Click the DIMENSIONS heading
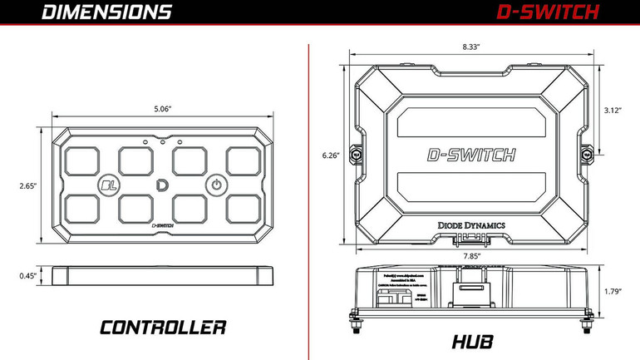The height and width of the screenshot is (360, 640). (106, 12)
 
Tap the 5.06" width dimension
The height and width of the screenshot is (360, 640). (162, 108)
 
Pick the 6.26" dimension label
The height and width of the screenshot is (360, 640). (330, 155)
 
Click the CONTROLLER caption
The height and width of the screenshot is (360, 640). (163, 327)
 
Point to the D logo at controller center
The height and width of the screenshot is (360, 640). (161, 184)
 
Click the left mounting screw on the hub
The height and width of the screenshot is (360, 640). (356, 154)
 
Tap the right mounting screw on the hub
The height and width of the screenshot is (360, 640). (587, 154)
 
